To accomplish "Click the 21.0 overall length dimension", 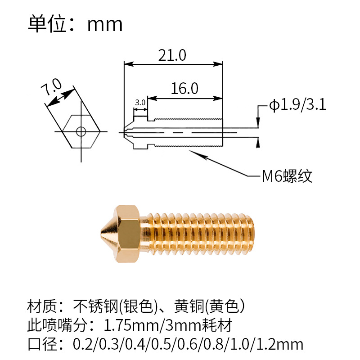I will [x=172, y=55].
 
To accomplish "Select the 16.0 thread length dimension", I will [x=184, y=88].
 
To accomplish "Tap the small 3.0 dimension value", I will [x=140, y=103].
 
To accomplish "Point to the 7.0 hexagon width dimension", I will [x=50, y=86].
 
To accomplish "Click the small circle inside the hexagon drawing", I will [x=81, y=131].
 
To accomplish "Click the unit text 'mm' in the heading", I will [x=105, y=24].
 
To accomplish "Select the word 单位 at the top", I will [x=45, y=24].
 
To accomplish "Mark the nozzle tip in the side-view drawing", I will [x=123, y=132].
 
